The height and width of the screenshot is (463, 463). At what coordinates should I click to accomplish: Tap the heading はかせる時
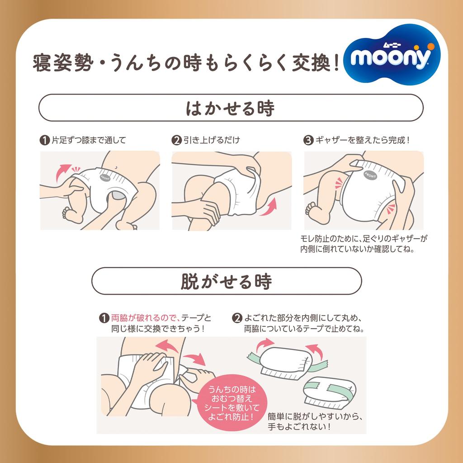pos(231,109)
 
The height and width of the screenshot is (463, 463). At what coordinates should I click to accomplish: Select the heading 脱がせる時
pos(227,281)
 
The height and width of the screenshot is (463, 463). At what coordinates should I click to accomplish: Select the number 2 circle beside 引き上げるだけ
pos(176,140)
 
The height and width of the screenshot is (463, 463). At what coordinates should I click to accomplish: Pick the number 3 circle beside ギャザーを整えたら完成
pos(308,140)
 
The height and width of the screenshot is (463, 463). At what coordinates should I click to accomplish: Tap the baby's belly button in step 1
pos(117,167)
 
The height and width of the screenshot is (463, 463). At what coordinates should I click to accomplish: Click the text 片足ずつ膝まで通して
pos(88,140)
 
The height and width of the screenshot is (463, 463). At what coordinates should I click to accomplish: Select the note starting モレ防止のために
pos(364,244)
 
